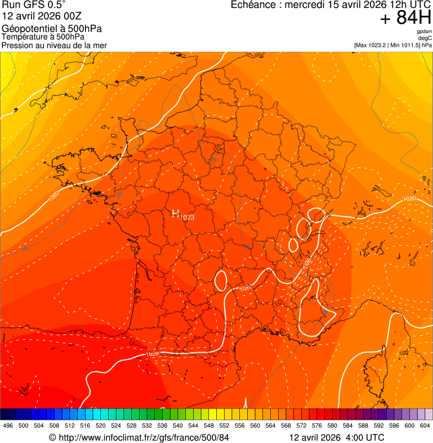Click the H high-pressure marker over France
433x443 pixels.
pos(175,212)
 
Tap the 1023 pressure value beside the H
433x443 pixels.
pos(188,218)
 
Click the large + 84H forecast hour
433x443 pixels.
pos(405,18)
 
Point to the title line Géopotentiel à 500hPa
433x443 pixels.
pos(52,29)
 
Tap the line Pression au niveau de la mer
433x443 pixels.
pos(54,45)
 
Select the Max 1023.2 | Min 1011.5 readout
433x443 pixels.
pos(392,45)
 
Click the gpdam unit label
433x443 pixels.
pos(424,32)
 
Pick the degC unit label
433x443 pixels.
pos(425,38)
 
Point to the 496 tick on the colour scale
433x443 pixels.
pos(8,425)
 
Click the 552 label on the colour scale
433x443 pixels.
pos(224,425)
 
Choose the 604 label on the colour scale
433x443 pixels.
pos(425,425)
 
